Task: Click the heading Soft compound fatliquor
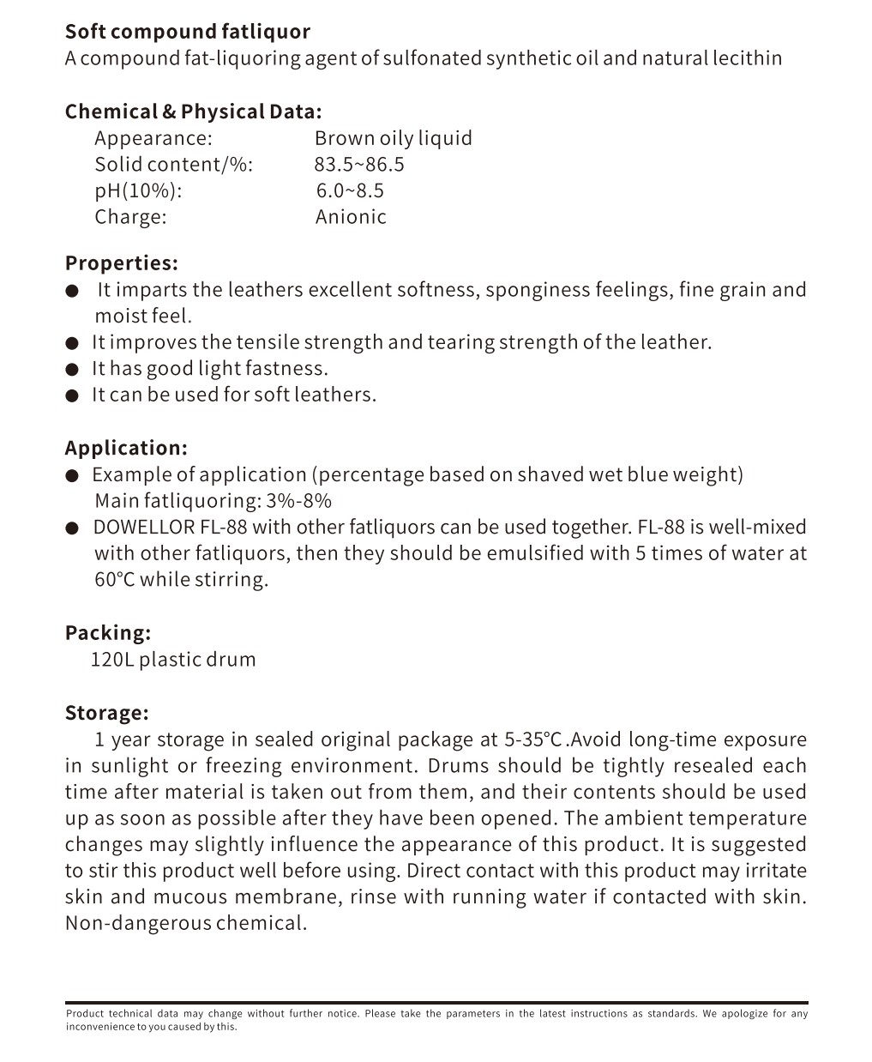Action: pyautogui.click(x=188, y=32)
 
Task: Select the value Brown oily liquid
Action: pyautogui.click(x=393, y=138)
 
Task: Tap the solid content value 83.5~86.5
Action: pyautogui.click(x=358, y=164)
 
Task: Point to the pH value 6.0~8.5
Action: pyautogui.click(x=350, y=190)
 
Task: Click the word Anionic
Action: pyautogui.click(x=351, y=216)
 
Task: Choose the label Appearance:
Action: pyautogui.click(x=153, y=138)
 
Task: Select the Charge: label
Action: pyautogui.click(x=130, y=216)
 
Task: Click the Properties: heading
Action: pyautogui.click(x=122, y=262)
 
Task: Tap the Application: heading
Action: pyautogui.click(x=126, y=448)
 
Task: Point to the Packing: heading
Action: pyautogui.click(x=108, y=632)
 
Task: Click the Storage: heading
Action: pyautogui.click(x=107, y=713)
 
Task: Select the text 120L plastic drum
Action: pyautogui.click(x=173, y=660)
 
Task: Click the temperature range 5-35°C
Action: pyautogui.click(x=532, y=739)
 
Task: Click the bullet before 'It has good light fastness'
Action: pyautogui.click(x=72, y=370)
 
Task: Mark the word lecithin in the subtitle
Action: pyautogui.click(x=747, y=58)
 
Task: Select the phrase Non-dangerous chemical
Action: pyautogui.click(x=186, y=923)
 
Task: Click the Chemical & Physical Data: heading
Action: pyautogui.click(x=194, y=112)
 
